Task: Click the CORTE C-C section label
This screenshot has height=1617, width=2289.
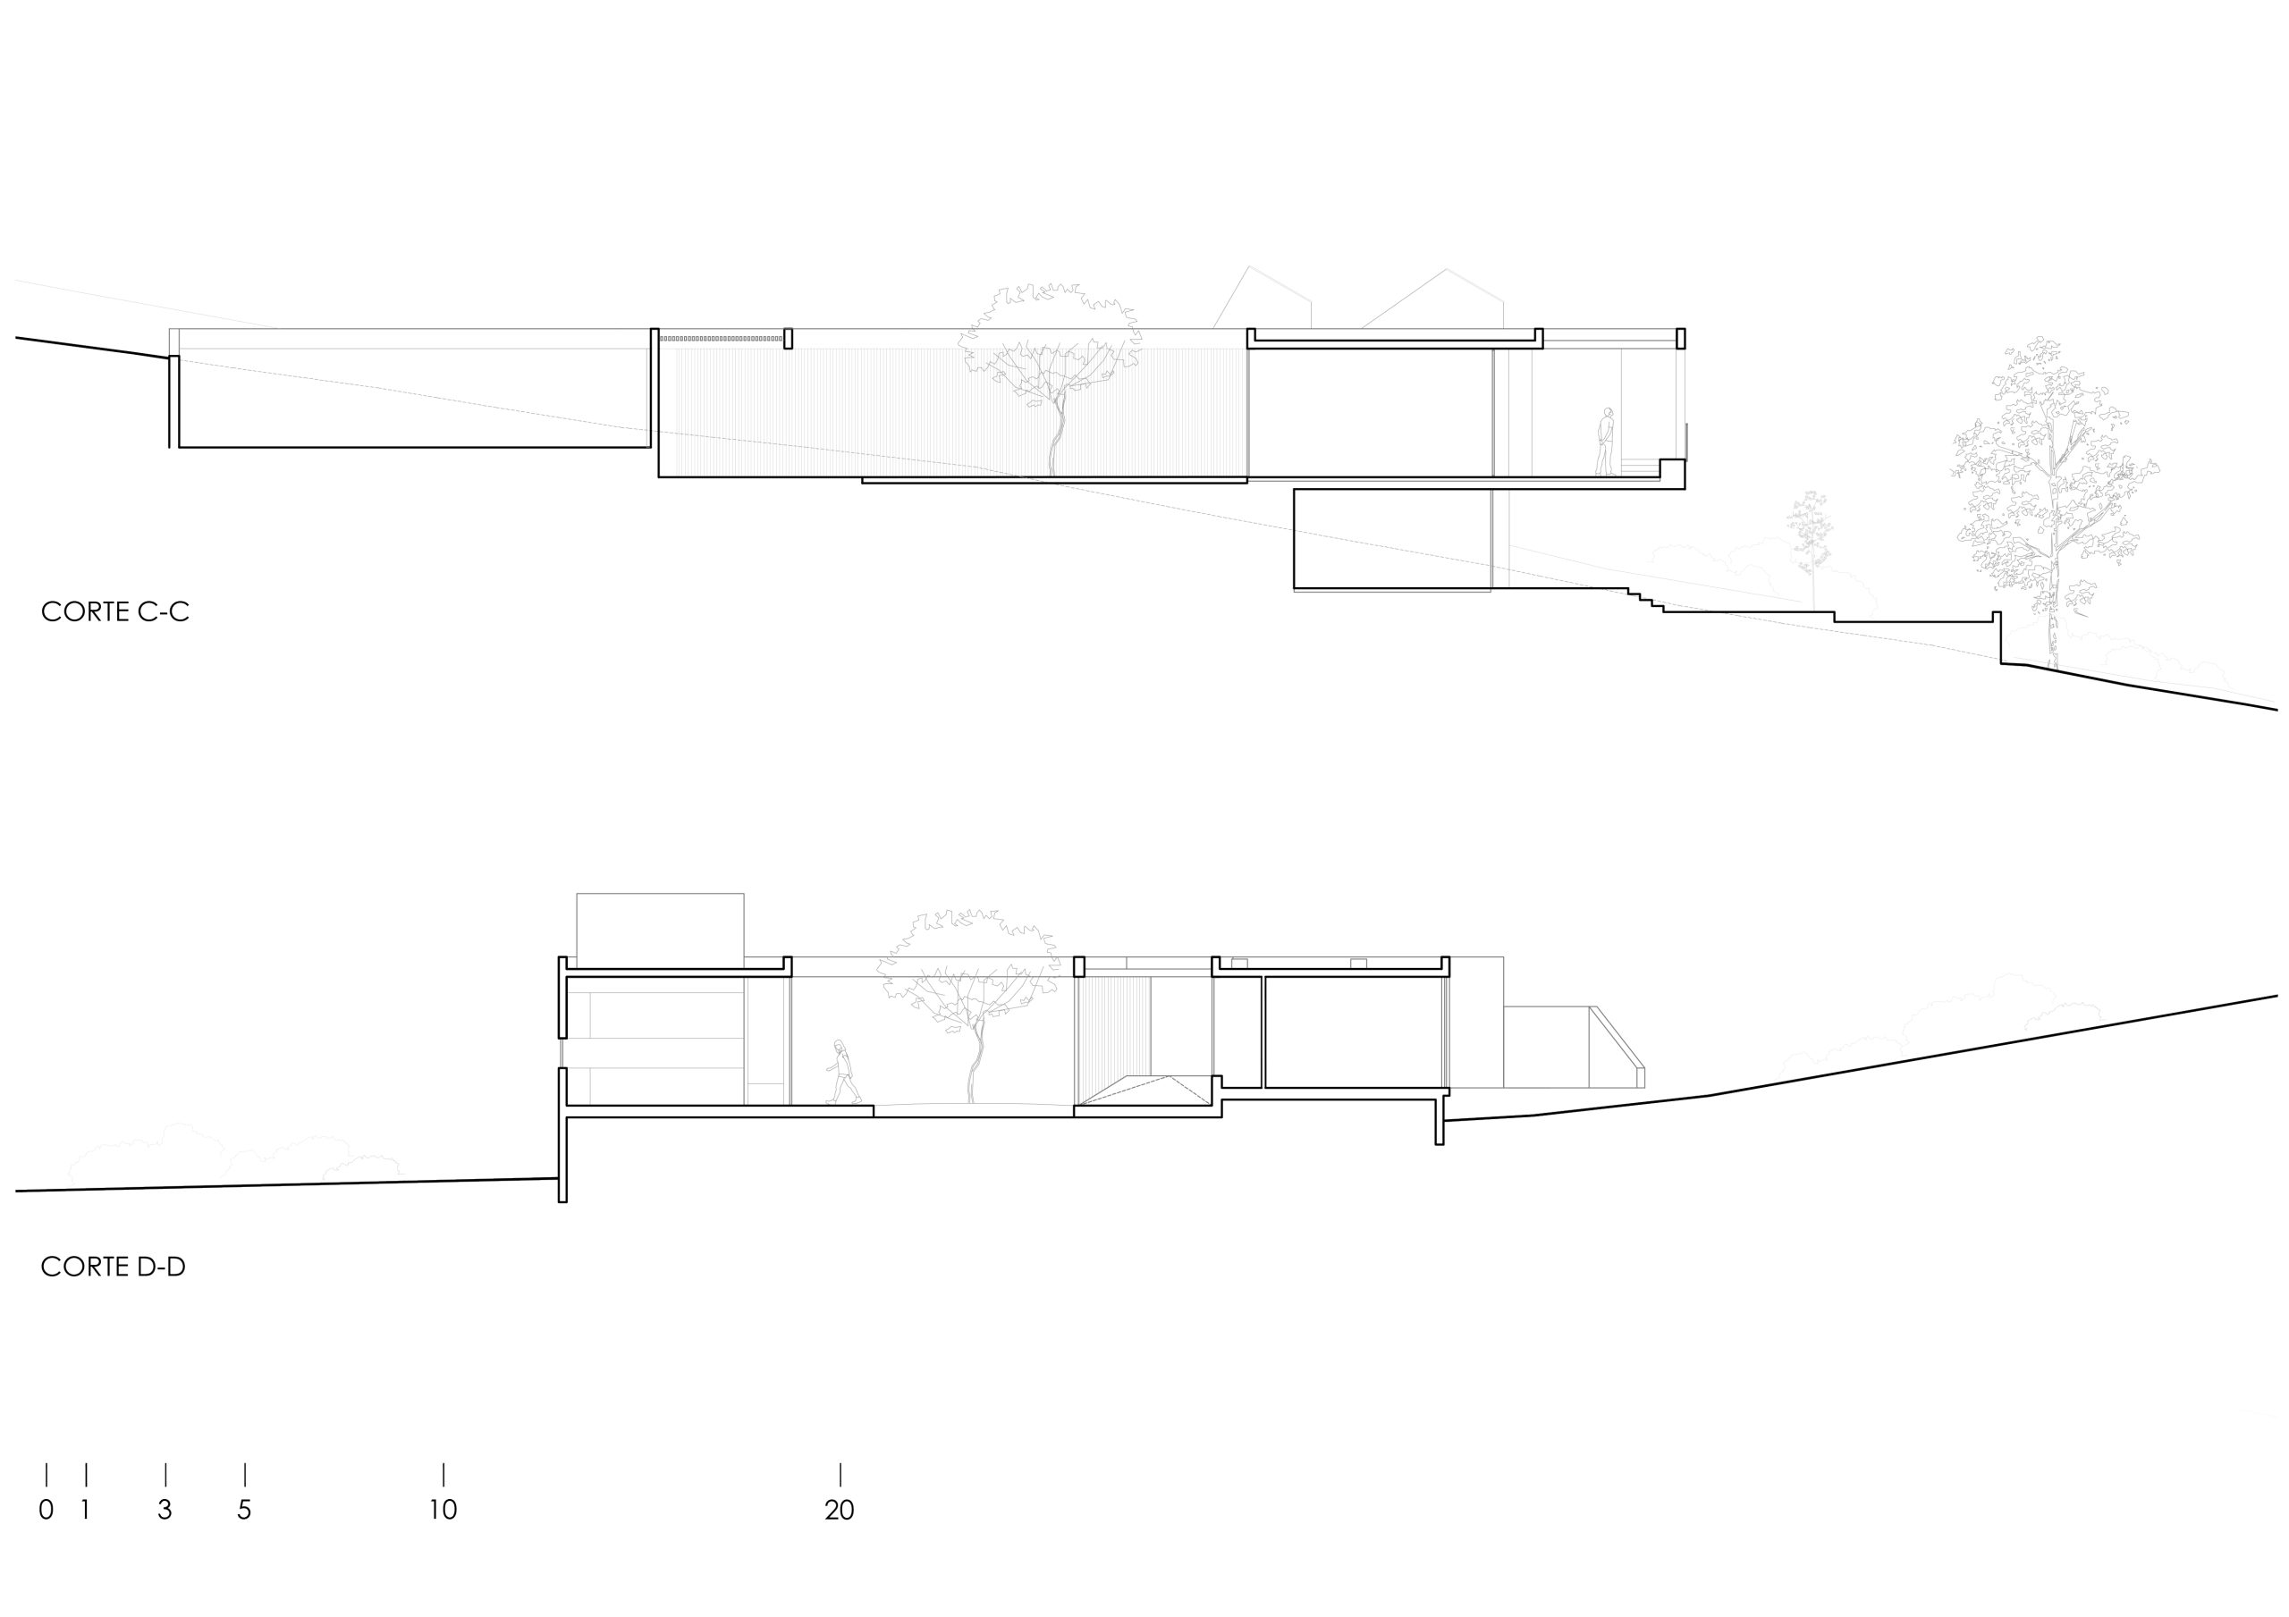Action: coord(114,611)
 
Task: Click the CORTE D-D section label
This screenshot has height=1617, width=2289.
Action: coord(114,1267)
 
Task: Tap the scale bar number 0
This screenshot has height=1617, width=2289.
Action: coord(46,1510)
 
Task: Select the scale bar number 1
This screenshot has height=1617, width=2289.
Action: coord(86,1510)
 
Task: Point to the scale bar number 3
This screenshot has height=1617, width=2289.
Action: coord(165,1510)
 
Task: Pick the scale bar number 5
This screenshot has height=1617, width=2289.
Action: coord(244,1510)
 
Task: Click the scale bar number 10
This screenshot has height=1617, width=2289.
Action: coord(443,1510)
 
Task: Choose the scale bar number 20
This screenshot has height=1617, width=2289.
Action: coord(840,1510)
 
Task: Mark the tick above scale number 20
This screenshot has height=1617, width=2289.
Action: coord(840,1475)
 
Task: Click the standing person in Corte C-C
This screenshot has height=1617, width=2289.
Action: coord(1604,442)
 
